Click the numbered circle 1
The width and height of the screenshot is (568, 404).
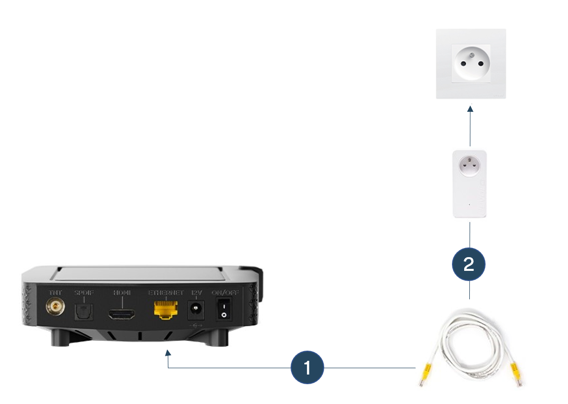click(307, 367)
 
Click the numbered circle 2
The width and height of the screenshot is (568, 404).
click(469, 264)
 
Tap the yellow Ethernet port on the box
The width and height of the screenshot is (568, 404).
click(163, 309)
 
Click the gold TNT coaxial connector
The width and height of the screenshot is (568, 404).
click(54, 307)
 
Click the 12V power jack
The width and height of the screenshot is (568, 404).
click(196, 308)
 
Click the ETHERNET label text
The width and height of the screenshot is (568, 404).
click(165, 293)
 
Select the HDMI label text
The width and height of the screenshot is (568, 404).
click(121, 293)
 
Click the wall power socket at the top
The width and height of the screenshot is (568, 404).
click(471, 64)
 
